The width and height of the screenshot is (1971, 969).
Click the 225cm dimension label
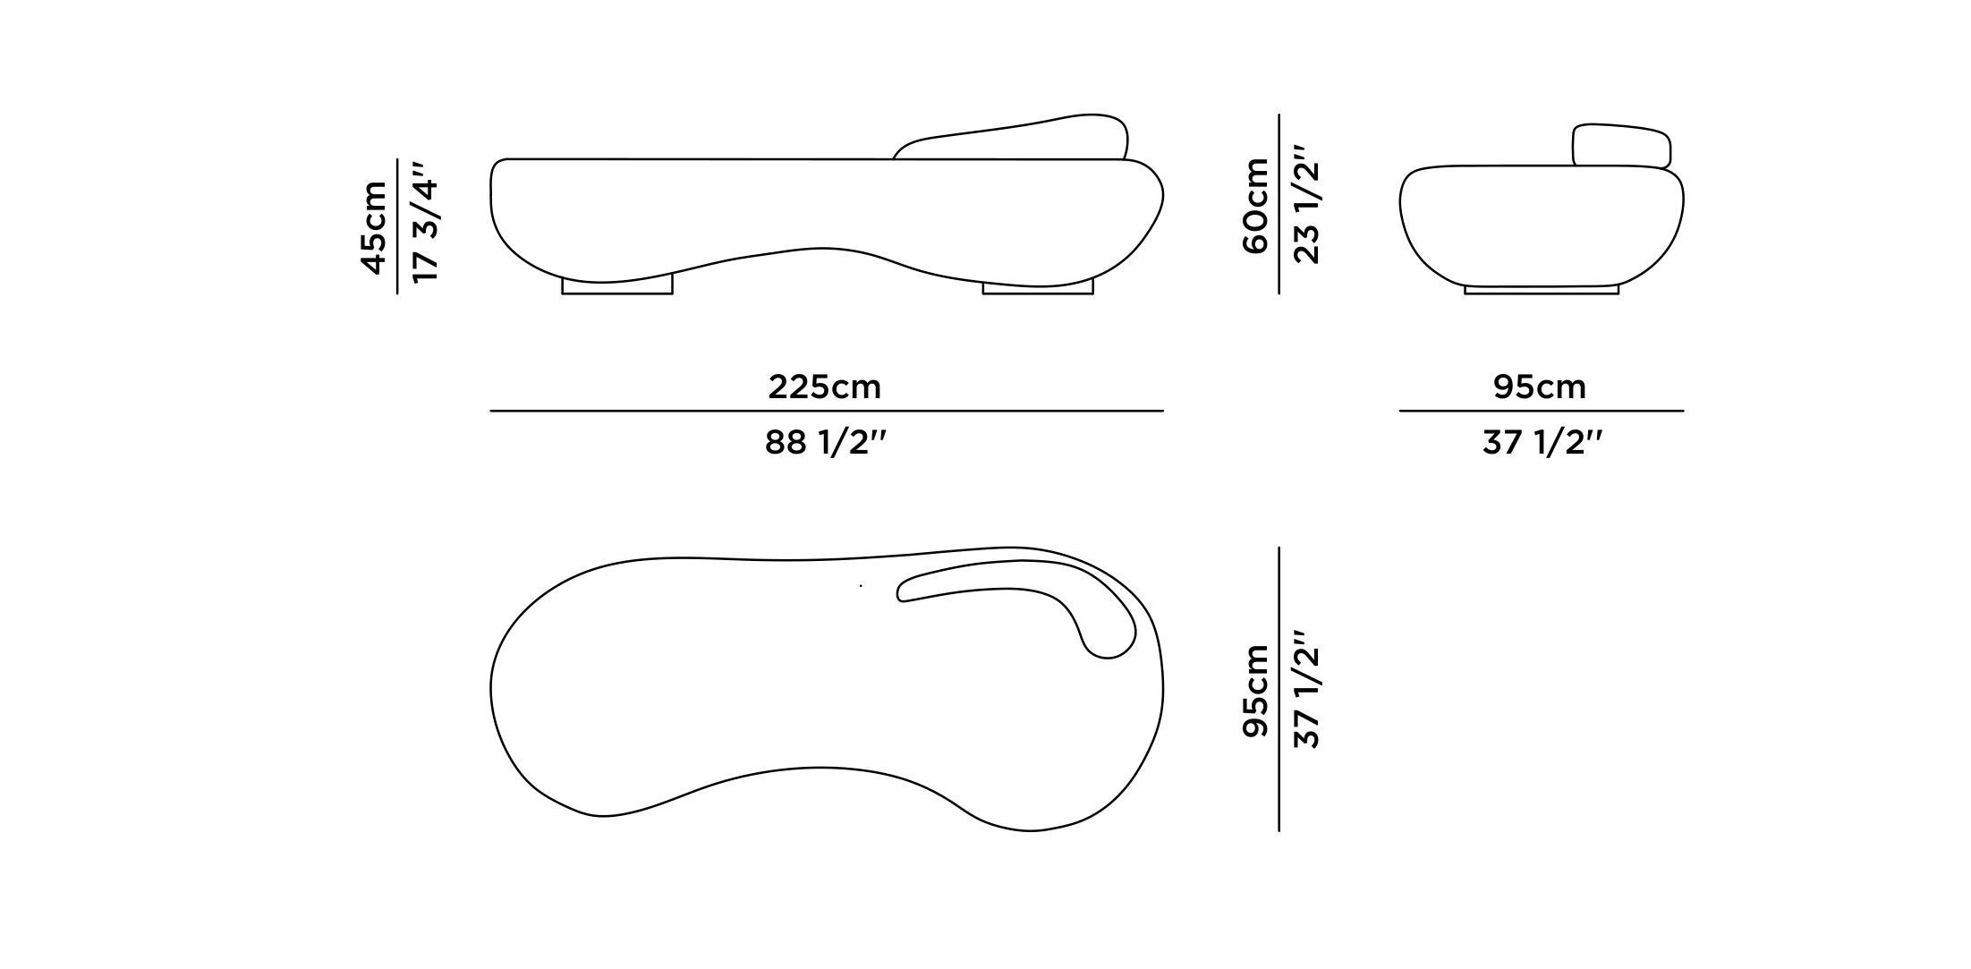point(824,387)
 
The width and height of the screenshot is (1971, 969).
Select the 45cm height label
point(374,227)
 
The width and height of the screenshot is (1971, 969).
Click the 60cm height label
point(1256,206)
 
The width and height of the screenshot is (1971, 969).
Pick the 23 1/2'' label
point(1307,205)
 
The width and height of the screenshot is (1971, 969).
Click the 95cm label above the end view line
point(1539,387)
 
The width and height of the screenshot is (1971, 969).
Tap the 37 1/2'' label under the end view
point(1541,443)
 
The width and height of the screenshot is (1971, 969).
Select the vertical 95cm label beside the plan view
point(1256,690)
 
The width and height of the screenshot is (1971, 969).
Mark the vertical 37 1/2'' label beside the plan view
point(1307,690)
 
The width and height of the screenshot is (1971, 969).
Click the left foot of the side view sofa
point(616,285)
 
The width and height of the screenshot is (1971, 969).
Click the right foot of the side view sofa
point(1038,287)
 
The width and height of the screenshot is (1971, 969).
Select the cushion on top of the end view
point(1621,146)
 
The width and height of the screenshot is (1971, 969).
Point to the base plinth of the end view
point(1541,290)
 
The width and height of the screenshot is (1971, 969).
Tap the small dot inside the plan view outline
point(861,586)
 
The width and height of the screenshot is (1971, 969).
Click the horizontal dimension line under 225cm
point(826,411)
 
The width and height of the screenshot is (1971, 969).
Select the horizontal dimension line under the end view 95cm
point(1541,411)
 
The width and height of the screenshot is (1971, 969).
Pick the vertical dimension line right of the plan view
point(1279,690)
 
